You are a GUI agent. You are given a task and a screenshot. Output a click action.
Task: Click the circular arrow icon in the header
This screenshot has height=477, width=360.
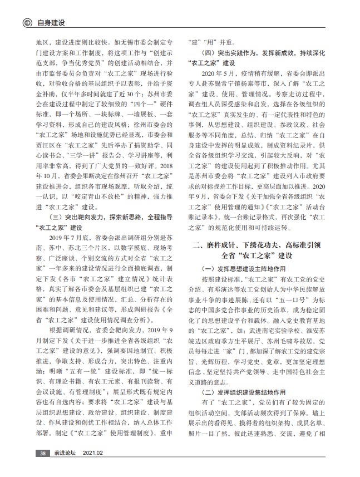coord(26,23)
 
